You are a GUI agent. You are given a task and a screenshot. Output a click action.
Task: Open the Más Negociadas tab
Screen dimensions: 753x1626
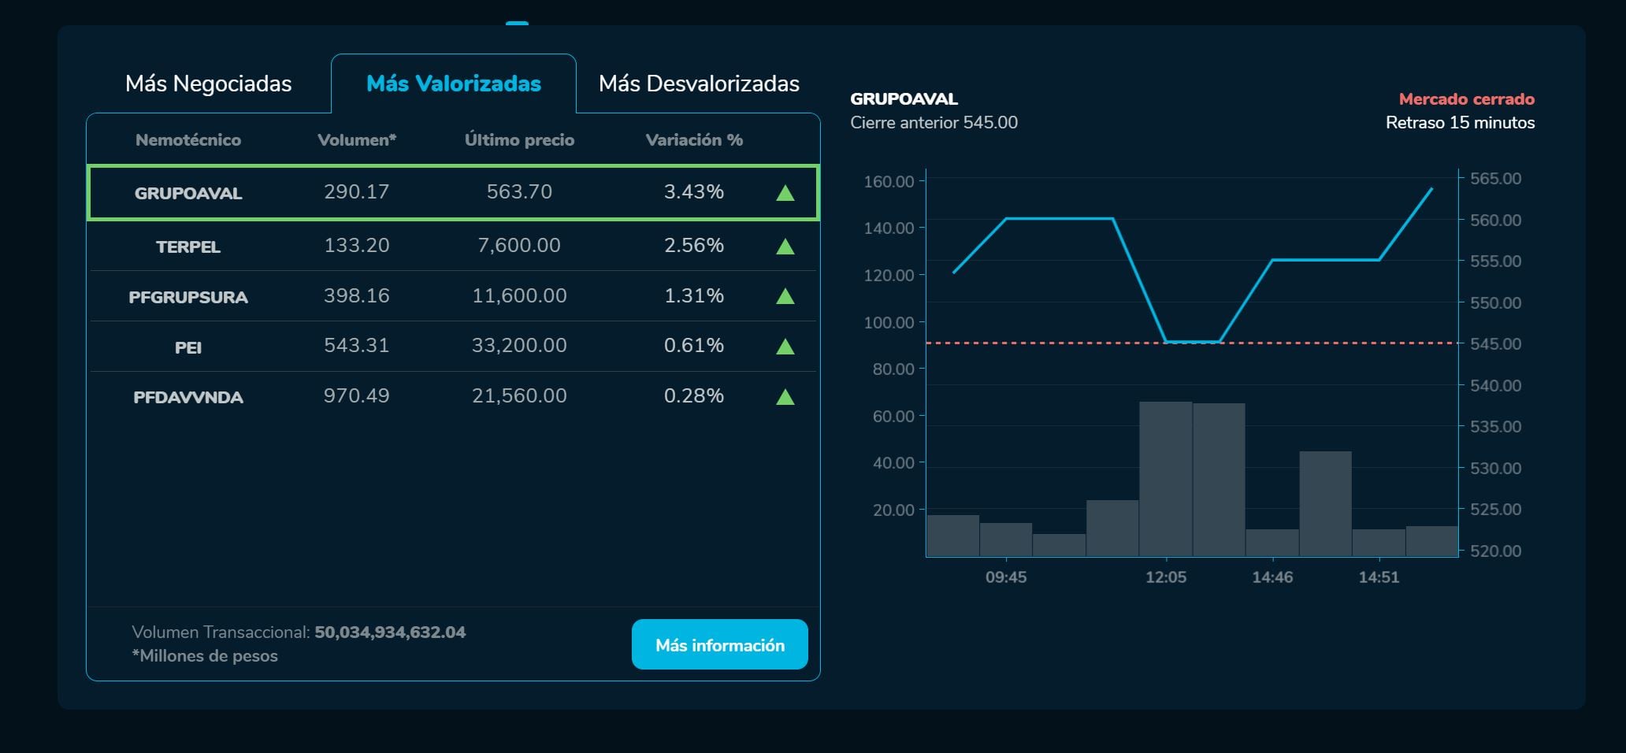(x=208, y=83)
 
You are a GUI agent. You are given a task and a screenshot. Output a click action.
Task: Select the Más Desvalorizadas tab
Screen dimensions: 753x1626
(x=699, y=83)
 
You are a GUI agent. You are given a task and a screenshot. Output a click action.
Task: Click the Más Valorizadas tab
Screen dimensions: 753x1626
(x=454, y=83)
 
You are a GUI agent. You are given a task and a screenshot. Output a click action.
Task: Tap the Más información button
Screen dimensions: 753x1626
(x=720, y=645)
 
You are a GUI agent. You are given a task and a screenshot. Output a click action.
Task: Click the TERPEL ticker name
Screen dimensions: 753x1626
(x=188, y=247)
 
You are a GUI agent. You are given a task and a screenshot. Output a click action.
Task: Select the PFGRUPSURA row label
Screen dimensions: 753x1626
(x=188, y=297)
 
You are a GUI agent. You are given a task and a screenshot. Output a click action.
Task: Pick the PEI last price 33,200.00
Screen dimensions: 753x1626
(x=519, y=345)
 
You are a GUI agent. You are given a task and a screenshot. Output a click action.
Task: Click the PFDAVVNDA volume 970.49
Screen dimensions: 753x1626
(x=356, y=395)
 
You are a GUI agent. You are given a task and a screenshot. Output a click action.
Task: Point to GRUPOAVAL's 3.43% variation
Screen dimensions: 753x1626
(x=693, y=192)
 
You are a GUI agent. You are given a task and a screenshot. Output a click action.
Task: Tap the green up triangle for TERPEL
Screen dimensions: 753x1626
(x=785, y=247)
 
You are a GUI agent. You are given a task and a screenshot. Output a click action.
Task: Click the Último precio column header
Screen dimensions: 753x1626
(x=519, y=140)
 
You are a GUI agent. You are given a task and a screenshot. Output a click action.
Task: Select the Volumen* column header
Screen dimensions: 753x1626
(x=356, y=140)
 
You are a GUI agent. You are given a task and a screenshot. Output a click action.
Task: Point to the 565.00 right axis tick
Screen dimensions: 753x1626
(x=1495, y=179)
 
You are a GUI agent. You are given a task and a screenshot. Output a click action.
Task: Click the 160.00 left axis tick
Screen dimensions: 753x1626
(x=889, y=182)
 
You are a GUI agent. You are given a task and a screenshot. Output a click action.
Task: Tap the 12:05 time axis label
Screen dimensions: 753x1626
(x=1165, y=577)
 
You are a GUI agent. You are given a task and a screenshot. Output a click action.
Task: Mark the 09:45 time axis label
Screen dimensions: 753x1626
(x=1006, y=577)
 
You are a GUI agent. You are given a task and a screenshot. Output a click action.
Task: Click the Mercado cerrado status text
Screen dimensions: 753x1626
(x=1466, y=99)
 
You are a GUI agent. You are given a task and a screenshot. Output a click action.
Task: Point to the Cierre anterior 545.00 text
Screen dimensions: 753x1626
(x=934, y=123)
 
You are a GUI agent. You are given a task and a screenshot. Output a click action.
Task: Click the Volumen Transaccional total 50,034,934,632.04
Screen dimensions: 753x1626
(x=390, y=632)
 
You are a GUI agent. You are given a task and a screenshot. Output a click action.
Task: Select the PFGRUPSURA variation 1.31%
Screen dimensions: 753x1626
(x=693, y=296)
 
